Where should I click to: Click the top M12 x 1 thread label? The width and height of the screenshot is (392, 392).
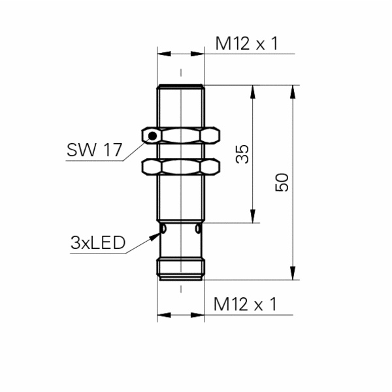[246, 44]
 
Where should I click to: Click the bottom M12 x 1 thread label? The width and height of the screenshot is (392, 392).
[246, 304]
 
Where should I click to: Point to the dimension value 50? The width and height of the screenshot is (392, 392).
[282, 182]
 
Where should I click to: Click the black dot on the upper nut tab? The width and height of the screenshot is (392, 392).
[152, 136]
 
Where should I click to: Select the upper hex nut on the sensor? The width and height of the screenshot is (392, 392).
[185, 136]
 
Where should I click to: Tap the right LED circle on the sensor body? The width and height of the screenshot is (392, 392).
[197, 229]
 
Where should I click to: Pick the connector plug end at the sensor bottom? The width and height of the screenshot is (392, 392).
[180, 269]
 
